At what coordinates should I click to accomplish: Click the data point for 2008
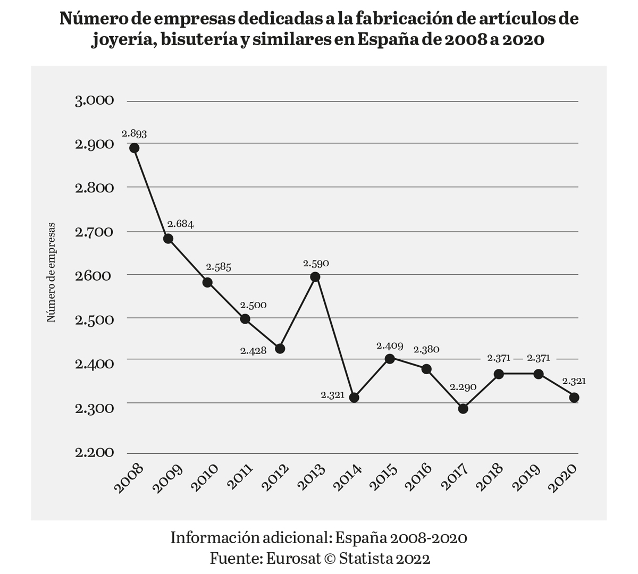pos(135,148)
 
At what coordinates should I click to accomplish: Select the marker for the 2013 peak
pos(315,277)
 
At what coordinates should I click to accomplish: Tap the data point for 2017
pos(463,409)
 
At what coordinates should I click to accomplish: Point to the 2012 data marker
pos(280,349)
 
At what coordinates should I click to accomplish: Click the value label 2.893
pos(134,133)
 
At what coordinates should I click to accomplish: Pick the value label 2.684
pos(180,224)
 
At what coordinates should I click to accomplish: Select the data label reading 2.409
pos(390,345)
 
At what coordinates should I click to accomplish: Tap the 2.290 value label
pos(463,387)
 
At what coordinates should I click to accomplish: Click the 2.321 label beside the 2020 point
pos(574,381)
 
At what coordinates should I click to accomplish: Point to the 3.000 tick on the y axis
pos(95,100)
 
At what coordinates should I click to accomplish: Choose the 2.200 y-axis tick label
pos(95,452)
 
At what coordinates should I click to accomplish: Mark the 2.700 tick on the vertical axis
pos(95,232)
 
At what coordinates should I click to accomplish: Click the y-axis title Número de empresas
pos(52,273)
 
